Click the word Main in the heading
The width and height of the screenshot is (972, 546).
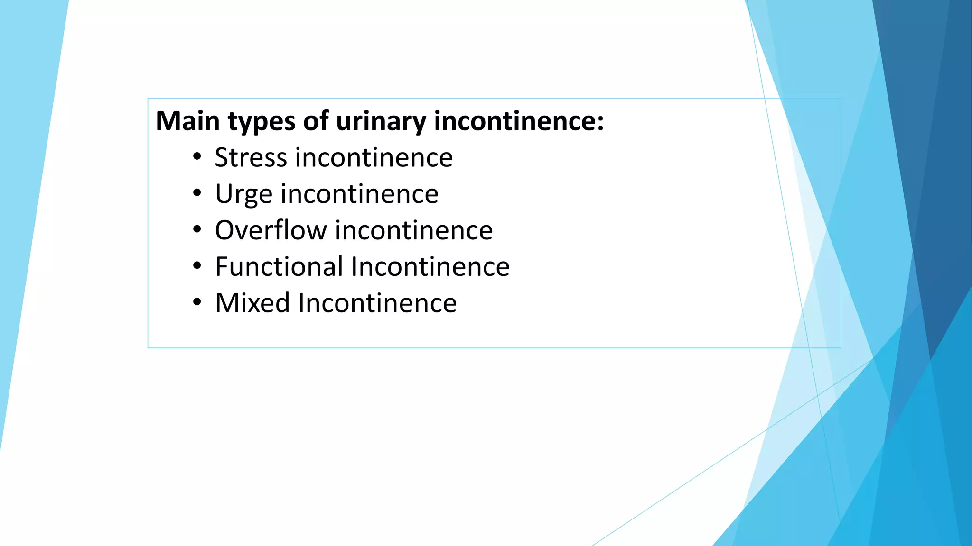point(187,121)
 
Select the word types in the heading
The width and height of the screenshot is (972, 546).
point(262,122)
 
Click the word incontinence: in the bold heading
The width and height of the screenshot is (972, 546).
point(519,121)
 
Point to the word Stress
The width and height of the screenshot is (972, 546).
point(251,157)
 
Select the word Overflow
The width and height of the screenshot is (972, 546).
point(271,230)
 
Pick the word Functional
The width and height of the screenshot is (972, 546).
point(279,266)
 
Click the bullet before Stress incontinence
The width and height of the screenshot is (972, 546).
point(197,157)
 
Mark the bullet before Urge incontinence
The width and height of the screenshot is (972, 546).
point(197,194)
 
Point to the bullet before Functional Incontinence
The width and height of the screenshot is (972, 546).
point(197,266)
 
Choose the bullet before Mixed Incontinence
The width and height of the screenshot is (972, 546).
point(197,303)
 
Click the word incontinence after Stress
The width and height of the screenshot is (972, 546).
point(374,157)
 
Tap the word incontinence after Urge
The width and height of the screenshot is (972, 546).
point(360,194)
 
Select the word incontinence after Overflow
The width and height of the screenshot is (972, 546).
point(414,230)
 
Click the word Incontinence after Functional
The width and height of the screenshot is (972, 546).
point(430,266)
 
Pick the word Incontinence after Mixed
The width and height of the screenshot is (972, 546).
point(377,303)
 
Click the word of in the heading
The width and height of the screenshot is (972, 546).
point(316,121)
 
